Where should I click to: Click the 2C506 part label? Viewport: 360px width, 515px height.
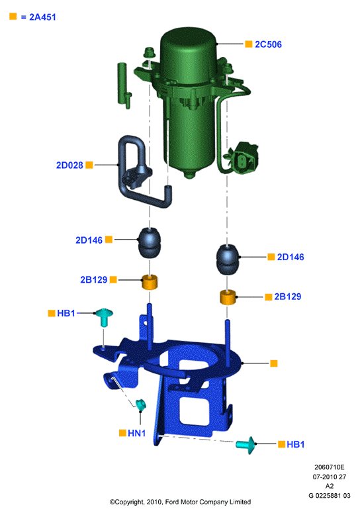click(x=268, y=44)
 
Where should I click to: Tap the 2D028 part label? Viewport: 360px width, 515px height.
click(x=69, y=165)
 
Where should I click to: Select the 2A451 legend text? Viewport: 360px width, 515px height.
click(x=43, y=17)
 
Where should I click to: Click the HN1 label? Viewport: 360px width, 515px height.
click(x=136, y=433)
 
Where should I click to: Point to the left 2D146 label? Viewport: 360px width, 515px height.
click(x=89, y=240)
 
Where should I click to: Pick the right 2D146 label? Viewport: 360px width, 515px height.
click(x=291, y=257)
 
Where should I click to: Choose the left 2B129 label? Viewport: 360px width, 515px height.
click(x=93, y=280)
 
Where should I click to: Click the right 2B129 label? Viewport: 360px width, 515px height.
click(x=288, y=297)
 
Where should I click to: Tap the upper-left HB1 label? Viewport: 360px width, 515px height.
click(x=66, y=313)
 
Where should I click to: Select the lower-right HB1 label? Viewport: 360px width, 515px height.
click(x=296, y=444)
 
